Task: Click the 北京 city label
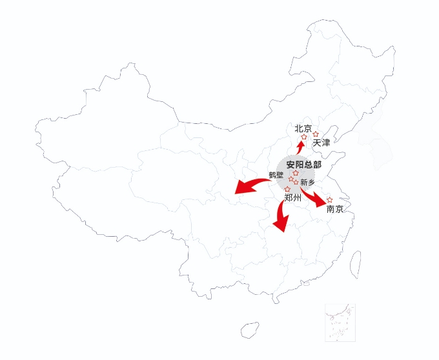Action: point(303,128)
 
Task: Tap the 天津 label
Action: point(322,143)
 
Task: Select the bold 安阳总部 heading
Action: point(304,165)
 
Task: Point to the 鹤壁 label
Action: point(276,175)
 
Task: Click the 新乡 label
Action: point(308,183)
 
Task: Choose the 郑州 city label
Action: point(293,198)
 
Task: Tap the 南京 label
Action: point(335,209)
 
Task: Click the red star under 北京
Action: point(304,137)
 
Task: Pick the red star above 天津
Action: point(316,134)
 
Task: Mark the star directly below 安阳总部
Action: point(296,173)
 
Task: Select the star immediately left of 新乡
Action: point(296,183)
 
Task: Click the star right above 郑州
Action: point(287,189)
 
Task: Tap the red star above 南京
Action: point(329,200)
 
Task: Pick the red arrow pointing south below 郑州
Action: point(280,216)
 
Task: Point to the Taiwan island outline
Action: point(355,265)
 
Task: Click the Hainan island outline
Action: point(250,330)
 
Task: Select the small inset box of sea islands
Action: point(340,323)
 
